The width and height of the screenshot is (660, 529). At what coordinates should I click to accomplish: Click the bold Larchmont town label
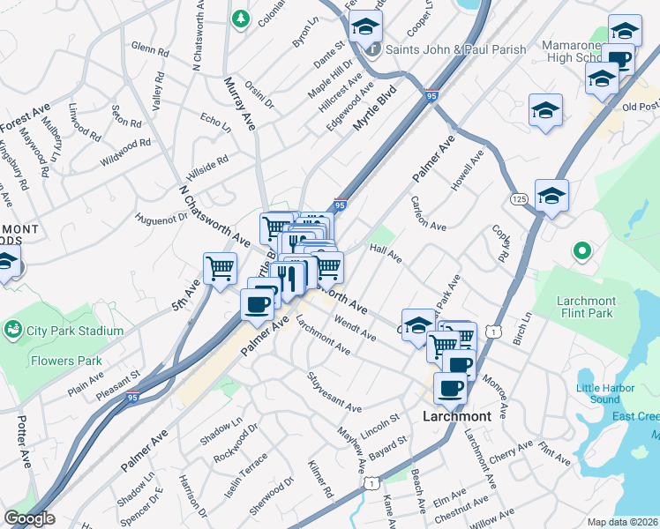[x=456, y=416]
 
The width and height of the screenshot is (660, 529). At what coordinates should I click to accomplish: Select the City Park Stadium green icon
[x=13, y=331]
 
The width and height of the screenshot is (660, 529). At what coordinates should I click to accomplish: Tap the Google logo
[x=29, y=518]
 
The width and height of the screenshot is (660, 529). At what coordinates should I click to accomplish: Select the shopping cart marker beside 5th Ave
[x=220, y=267]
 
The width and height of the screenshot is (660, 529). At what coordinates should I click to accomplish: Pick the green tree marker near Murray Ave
[x=239, y=19]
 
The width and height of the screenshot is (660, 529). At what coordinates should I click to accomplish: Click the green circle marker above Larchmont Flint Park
[x=581, y=252]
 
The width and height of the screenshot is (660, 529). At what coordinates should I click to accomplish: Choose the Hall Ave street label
[x=386, y=253]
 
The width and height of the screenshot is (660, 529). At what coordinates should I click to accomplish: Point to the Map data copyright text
[x=622, y=522]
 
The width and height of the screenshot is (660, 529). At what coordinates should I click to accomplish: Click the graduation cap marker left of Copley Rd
[x=551, y=196]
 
